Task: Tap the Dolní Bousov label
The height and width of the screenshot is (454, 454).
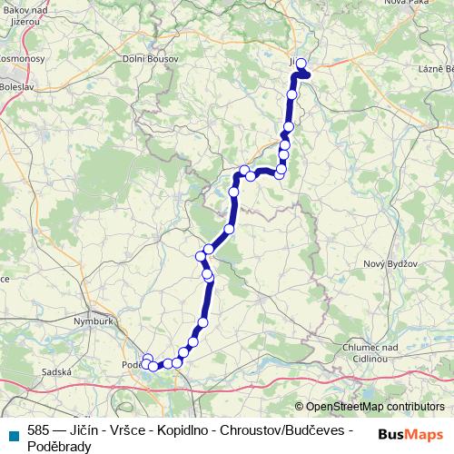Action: pos(151,59)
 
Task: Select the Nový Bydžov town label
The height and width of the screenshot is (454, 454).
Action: pos(388,263)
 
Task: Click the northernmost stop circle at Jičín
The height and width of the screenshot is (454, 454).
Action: pos(301,64)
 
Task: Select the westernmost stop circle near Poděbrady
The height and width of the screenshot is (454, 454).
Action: pos(145,365)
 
